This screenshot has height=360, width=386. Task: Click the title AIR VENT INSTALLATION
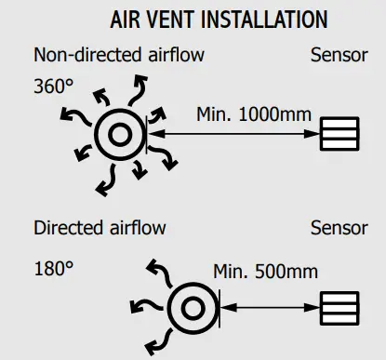[219, 19]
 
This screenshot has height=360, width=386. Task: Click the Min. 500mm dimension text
[265, 272]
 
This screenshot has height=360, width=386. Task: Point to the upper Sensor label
[339, 55]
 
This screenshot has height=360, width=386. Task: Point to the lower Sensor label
[339, 228]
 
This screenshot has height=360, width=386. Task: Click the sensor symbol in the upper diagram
[339, 134]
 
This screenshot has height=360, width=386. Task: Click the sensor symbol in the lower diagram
[339, 307]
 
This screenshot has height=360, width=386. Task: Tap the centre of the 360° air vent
[119, 135]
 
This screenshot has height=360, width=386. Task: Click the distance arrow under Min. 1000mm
[232, 135]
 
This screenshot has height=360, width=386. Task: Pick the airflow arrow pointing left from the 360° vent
[70, 114]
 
